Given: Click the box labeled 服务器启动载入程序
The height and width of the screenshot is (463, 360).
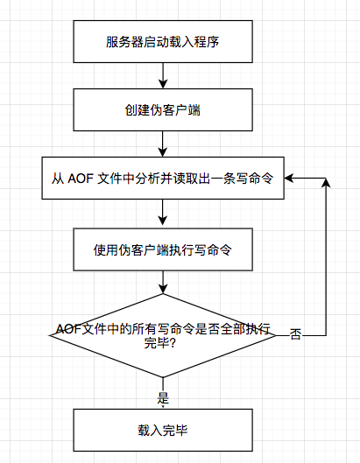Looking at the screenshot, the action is pyautogui.click(x=163, y=41).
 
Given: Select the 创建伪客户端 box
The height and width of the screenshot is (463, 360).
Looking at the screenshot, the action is pyautogui.click(x=163, y=110).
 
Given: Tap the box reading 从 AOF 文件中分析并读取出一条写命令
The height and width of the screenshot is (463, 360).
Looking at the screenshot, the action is pyautogui.click(x=163, y=178).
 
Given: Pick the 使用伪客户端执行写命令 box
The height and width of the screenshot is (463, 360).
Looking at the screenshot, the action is pyautogui.click(x=163, y=249).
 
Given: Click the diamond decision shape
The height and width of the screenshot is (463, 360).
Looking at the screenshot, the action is pyautogui.click(x=163, y=335).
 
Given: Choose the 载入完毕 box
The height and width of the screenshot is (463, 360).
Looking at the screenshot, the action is pyautogui.click(x=163, y=430).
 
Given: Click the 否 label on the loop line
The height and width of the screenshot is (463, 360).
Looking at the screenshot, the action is pyautogui.click(x=295, y=335).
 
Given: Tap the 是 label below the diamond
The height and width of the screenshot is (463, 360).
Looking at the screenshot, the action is pyautogui.click(x=163, y=398).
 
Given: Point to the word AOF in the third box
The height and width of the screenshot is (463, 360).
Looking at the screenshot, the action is pyautogui.click(x=81, y=179).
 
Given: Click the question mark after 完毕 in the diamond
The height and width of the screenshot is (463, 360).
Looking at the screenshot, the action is pyautogui.click(x=173, y=343).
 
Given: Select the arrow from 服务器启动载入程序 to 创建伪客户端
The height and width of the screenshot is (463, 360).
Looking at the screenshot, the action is pyautogui.click(x=163, y=75).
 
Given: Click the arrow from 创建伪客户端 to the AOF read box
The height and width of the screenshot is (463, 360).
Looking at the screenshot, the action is pyautogui.click(x=163, y=144).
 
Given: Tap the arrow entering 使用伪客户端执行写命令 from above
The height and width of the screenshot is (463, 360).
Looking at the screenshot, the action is pyautogui.click(x=163, y=213).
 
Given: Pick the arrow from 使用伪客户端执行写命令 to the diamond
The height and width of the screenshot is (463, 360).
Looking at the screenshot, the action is pyautogui.click(x=163, y=282).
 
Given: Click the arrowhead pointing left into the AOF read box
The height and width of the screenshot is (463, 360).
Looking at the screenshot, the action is pyautogui.click(x=288, y=178).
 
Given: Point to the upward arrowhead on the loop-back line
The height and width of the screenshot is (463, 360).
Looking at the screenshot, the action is pyautogui.click(x=326, y=183).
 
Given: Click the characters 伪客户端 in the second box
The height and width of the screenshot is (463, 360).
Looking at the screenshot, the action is pyautogui.click(x=175, y=110).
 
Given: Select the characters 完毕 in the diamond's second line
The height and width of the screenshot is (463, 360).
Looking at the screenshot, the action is pyautogui.click(x=157, y=343).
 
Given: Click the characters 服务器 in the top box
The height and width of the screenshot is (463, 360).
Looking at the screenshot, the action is pyautogui.click(x=124, y=42).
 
